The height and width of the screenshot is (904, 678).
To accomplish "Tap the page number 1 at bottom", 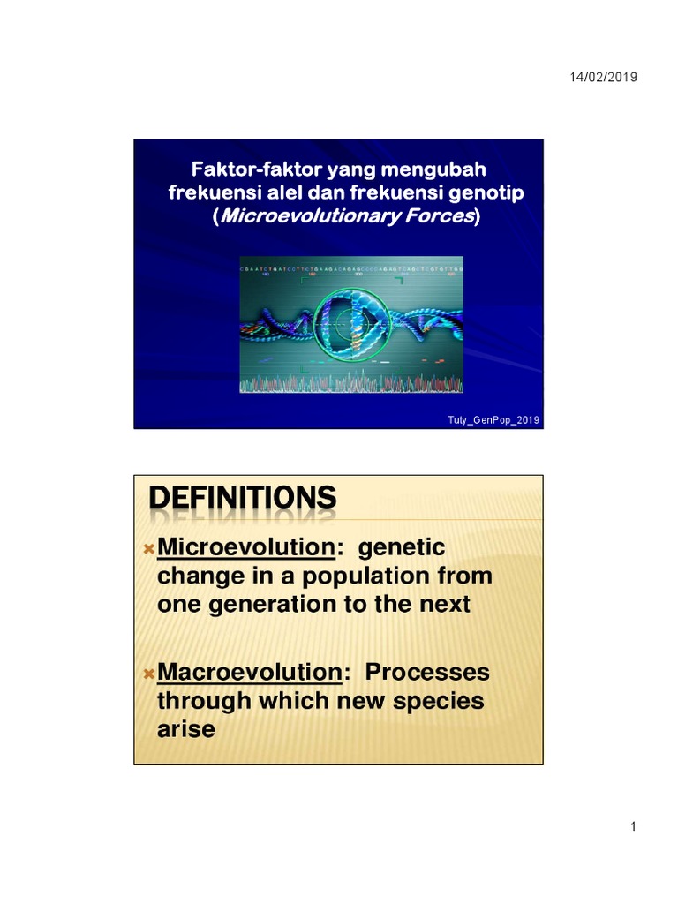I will tap(634, 826).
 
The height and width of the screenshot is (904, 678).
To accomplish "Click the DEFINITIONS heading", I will tap(242, 499).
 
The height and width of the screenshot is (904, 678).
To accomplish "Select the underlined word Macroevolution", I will tap(249, 673).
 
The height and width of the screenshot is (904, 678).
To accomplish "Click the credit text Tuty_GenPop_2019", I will tap(493, 419).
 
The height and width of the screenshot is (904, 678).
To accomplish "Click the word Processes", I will tap(427, 673).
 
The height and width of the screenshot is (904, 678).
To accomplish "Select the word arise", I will tap(185, 730).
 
